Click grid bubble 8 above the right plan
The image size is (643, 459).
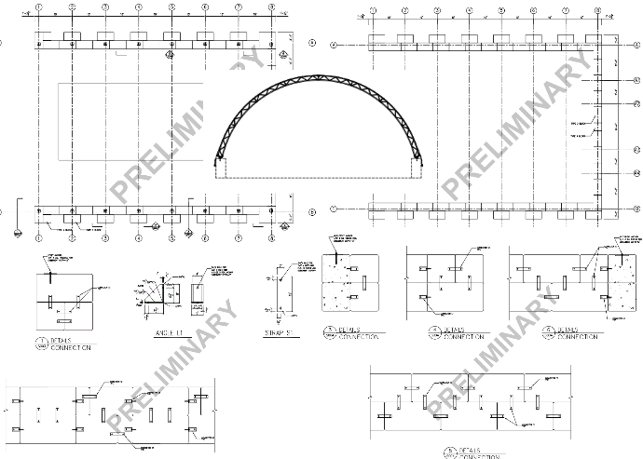[597, 10]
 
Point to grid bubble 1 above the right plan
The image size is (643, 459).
[371, 10]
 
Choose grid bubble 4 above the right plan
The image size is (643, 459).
[469, 10]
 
